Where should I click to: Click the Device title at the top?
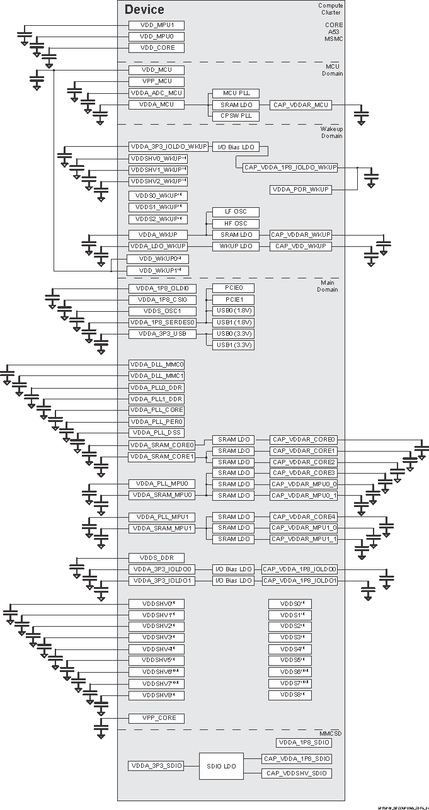pos(144,9)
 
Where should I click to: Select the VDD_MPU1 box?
pos(156,25)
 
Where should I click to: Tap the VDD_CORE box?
pos(156,48)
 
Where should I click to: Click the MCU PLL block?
pos(232,93)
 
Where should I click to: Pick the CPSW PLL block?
pos(232,116)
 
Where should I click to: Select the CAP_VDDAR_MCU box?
pos(300,105)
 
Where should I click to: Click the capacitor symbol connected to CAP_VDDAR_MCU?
pos(361,117)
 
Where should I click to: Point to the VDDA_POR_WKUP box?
pos(300,190)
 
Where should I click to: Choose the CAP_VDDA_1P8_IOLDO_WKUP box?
pos(290,168)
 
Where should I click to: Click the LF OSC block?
pos(232,212)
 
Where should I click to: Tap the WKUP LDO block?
pos(232,246)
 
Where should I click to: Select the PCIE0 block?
pos(232,288)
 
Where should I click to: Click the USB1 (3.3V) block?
pos(232,345)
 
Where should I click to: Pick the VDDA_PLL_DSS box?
pos(156,433)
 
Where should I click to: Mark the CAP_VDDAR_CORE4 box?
pos(304,517)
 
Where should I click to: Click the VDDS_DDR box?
pos(156,558)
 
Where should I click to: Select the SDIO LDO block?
pos(221,767)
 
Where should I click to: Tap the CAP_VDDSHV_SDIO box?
pos(296,773)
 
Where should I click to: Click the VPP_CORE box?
pos(156,718)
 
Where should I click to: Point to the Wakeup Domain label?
pos(331,132)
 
